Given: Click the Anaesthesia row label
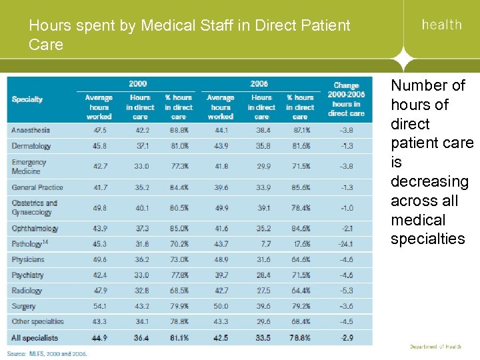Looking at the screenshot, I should pos(31,130).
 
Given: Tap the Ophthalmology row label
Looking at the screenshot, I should pos(35,229).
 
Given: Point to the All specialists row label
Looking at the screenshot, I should pos(35,339).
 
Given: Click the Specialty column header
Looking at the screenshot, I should pos(27,99).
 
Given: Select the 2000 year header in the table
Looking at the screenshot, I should pos(139,83).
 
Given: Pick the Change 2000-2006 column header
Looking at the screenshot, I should pos(345,99).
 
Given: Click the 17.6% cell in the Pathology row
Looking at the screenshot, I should pos(300,244).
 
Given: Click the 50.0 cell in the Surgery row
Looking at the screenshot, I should pos(221,307).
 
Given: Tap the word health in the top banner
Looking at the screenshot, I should pos(441,25).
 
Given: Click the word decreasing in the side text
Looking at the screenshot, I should pos(429,181).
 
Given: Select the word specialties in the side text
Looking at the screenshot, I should pos(427,239).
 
